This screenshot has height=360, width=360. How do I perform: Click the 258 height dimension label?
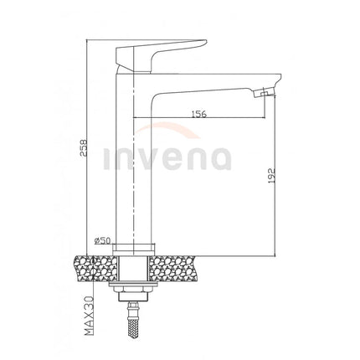(84, 148)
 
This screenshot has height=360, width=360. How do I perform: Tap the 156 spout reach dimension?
(199, 114)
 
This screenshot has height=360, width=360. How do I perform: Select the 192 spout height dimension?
(271, 175)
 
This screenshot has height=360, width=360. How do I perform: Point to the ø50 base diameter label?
(102, 240)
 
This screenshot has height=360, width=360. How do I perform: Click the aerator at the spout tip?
(264, 93)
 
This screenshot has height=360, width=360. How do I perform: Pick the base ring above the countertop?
(134, 249)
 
